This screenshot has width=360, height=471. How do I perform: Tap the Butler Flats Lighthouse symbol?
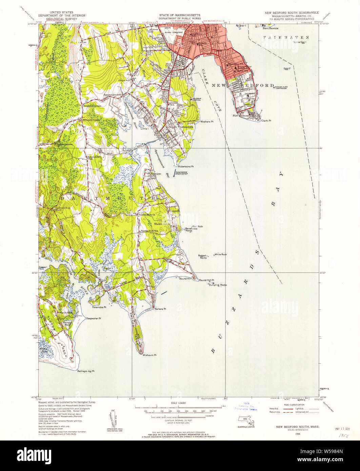click(274, 87)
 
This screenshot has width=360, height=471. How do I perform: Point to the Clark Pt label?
click(266, 120)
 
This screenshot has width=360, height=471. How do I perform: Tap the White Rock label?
click(221, 254)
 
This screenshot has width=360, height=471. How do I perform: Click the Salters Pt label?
click(160, 309)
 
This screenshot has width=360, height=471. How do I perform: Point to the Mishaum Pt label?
click(149, 355)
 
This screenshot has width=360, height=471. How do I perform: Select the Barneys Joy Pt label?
click(86, 371)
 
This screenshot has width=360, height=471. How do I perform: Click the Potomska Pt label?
click(99, 307)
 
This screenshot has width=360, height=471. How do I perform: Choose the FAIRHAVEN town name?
click(286, 37)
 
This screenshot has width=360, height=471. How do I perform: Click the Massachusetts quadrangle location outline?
click(246, 419)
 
